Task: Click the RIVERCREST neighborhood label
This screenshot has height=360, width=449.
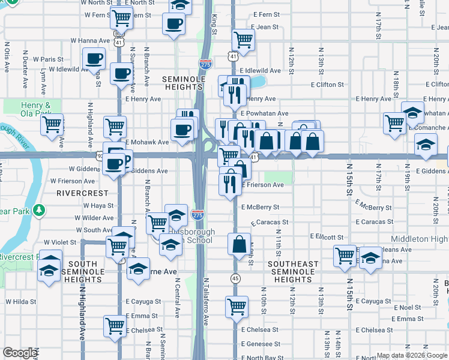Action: tap(83, 193)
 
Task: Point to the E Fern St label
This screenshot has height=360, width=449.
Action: tap(268, 14)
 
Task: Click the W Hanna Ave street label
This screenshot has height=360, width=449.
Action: tap(90, 41)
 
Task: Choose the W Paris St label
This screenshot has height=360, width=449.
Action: tap(48, 59)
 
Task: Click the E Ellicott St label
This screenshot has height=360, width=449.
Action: tap(327, 237)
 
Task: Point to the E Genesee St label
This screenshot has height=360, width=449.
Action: tap(261, 344)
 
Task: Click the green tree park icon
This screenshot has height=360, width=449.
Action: tap(39, 210)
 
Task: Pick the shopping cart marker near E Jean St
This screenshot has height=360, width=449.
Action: tap(243, 40)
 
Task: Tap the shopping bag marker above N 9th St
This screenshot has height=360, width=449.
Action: tap(240, 244)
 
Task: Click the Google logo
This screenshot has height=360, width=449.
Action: tap(20, 353)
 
